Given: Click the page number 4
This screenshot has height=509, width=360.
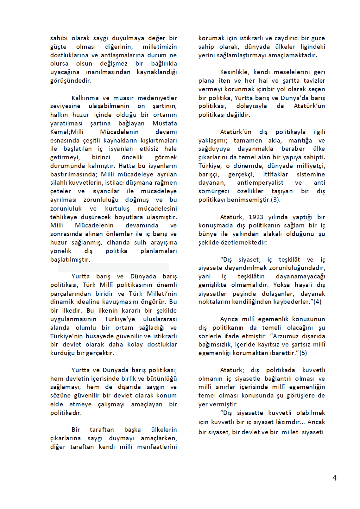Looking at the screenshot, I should pos(334,478).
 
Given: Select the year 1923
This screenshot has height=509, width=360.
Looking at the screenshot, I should pos(256,217).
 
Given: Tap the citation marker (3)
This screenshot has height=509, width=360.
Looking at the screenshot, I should pos(275,200).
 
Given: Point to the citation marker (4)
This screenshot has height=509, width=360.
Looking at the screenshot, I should pos(317,302).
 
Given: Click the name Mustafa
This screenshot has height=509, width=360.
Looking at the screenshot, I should pos(164,123).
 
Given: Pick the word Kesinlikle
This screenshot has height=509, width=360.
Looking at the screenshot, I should pos(235,72).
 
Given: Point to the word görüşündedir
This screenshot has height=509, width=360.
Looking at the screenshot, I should pos(71,80).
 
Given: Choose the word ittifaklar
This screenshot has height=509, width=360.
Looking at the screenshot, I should pos(275,174).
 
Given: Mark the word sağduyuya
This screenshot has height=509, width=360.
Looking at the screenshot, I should pos(214,149).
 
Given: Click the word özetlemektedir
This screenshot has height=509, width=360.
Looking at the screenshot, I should pos(233,242).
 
